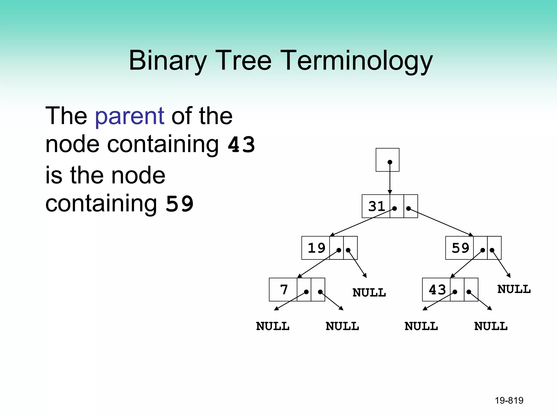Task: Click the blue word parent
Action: click(129, 116)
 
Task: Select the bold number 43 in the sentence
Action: click(241, 144)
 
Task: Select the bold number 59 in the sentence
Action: click(180, 204)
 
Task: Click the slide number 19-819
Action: click(509, 400)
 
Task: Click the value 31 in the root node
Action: click(376, 206)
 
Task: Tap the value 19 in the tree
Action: click(316, 248)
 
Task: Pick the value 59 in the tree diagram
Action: click(460, 248)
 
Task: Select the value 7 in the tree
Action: click(284, 290)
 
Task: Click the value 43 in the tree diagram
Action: click(437, 290)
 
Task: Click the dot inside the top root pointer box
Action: click(390, 162)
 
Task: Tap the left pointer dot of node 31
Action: click(394, 208)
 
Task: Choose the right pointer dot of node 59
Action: click(492, 250)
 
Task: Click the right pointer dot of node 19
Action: click(348, 250)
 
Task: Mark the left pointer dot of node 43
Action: click(455, 292)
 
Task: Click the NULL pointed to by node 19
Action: click(369, 293)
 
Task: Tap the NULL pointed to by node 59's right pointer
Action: click(514, 289)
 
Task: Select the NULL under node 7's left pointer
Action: click(273, 326)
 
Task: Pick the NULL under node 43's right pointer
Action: click(491, 326)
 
